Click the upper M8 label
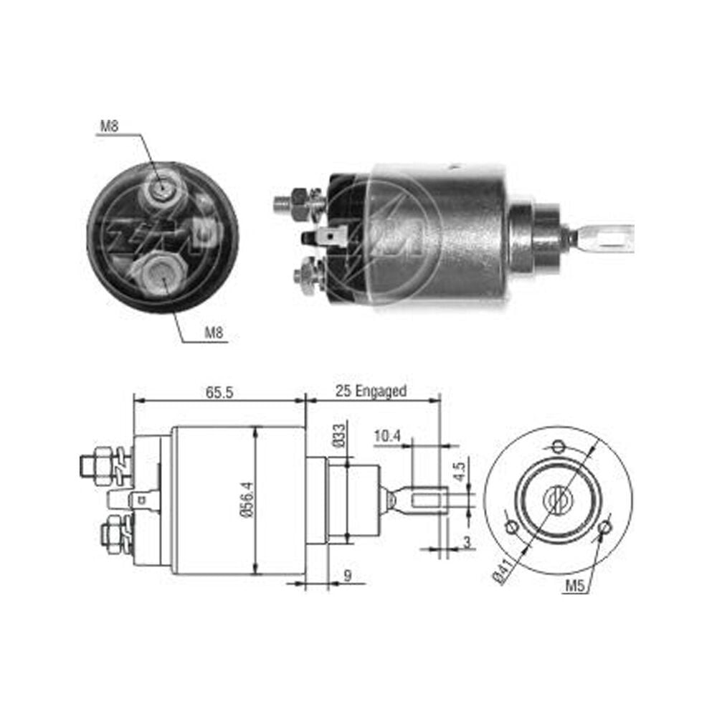[109, 125]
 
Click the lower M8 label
[214, 333]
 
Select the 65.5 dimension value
[219, 392]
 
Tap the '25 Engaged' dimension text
[371, 391]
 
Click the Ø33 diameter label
[339, 436]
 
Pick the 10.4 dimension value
[387, 436]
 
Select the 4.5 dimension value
[460, 472]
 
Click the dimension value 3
[467, 542]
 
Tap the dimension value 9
[348, 576]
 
